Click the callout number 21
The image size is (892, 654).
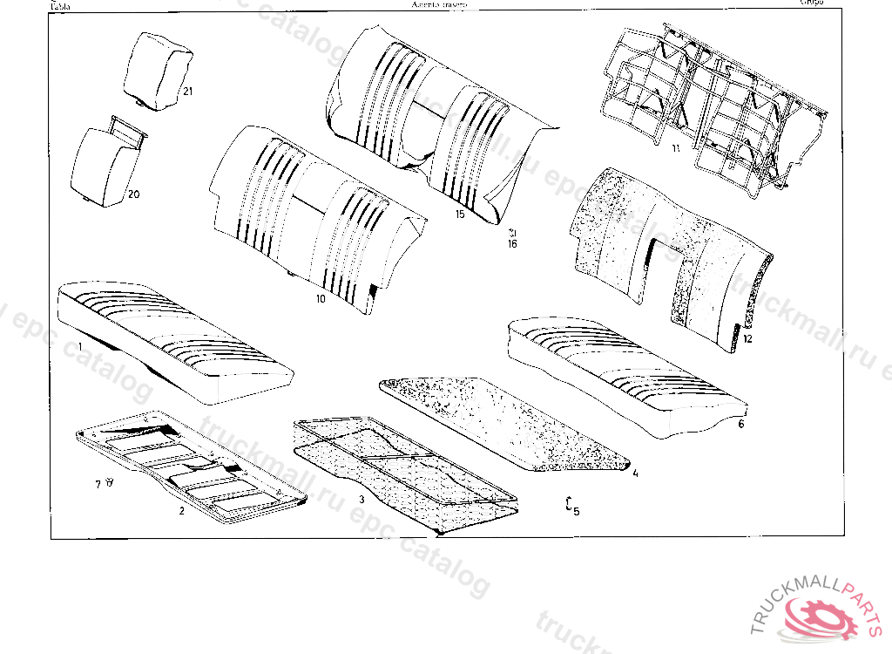(x=187, y=91)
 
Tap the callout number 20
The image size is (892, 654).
(x=133, y=194)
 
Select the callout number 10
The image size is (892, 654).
(x=321, y=299)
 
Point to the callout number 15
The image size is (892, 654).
(x=460, y=214)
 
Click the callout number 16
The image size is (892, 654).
(x=512, y=245)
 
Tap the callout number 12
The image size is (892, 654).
(x=747, y=337)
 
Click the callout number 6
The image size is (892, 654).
(x=740, y=425)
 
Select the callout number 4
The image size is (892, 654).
(x=635, y=473)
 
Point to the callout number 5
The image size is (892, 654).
(x=576, y=511)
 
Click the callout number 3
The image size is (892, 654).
(x=362, y=500)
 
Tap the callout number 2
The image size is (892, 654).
(x=181, y=511)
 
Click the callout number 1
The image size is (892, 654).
(x=80, y=347)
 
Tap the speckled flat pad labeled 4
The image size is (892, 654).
(x=505, y=423)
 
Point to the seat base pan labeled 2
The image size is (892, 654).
(x=192, y=462)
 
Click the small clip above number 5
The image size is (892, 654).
(x=569, y=501)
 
